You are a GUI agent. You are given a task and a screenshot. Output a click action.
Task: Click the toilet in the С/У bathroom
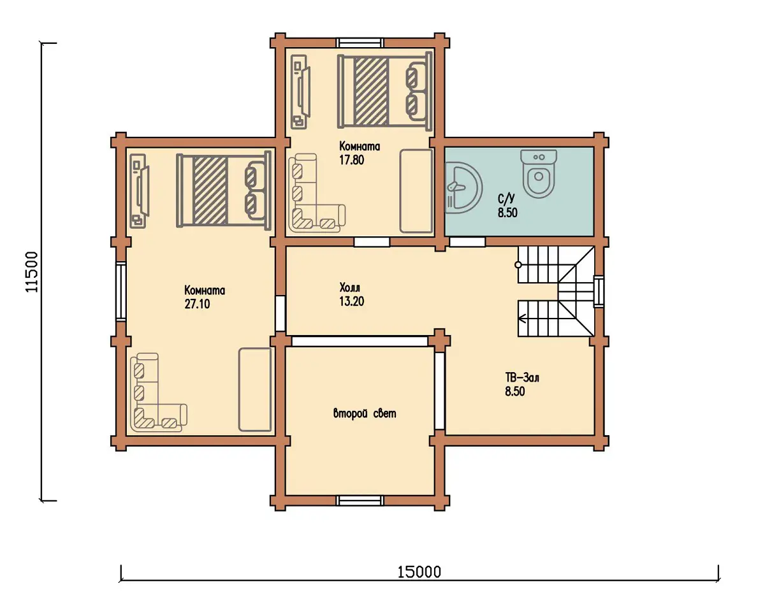pyautogui.click(x=539, y=173)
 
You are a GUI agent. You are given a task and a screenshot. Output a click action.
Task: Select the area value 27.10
pyautogui.click(x=197, y=304)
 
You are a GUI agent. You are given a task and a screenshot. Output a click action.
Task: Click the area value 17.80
pyautogui.click(x=351, y=161)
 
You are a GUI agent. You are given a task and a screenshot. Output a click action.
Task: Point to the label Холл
pyautogui.click(x=350, y=287)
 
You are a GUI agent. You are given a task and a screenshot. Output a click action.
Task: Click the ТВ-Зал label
pyautogui.click(x=522, y=377)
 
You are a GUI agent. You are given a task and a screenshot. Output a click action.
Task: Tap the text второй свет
pyautogui.click(x=365, y=414)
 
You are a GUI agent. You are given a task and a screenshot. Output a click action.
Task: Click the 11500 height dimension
pyautogui.click(x=32, y=272)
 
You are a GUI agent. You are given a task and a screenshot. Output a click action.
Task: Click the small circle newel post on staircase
pyautogui.click(x=518, y=265)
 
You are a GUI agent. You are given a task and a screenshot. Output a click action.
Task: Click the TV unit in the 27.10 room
pyautogui.click(x=140, y=190)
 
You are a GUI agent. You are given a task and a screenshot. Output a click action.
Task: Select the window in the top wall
pyautogui.click(x=360, y=43)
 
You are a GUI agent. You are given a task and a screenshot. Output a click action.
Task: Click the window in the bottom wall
pyautogui.click(x=360, y=501)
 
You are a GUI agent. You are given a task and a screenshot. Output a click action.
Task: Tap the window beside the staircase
pyautogui.click(x=599, y=291)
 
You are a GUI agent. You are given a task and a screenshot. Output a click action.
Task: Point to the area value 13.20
pyautogui.click(x=351, y=302)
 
